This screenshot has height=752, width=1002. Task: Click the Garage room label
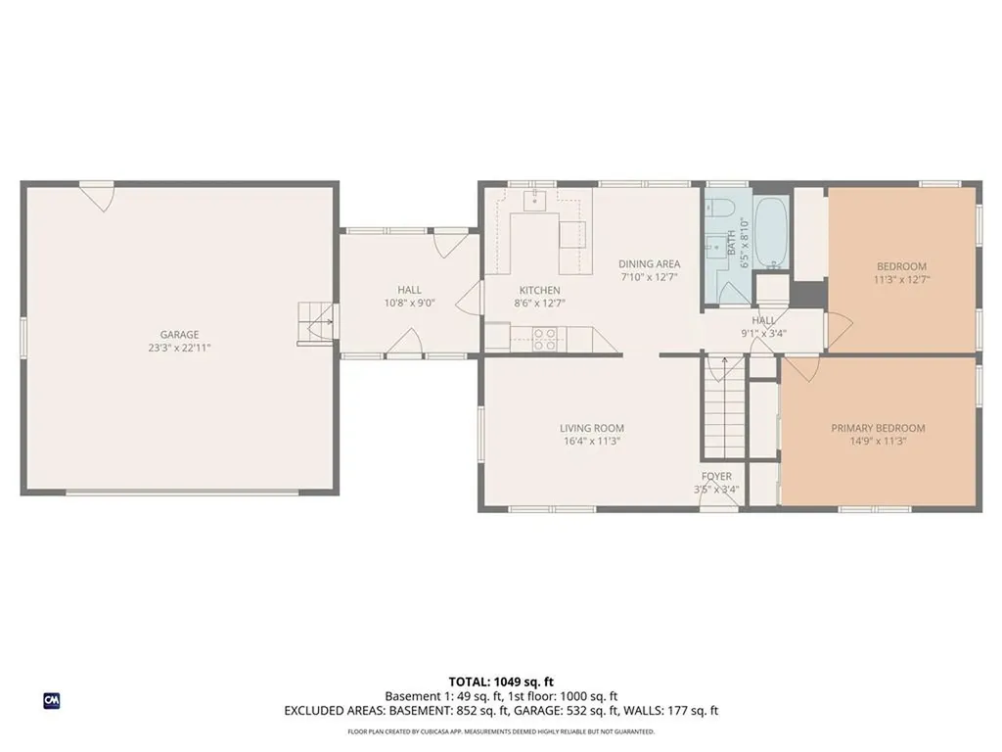(180, 334)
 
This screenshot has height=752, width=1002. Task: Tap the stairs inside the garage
(316, 323)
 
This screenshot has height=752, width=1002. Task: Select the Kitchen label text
(539, 290)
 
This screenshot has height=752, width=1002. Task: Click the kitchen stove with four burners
(545, 339)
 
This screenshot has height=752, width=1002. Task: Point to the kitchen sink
(535, 203)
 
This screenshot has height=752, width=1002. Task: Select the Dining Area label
(649, 264)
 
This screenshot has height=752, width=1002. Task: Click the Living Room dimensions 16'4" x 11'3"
(591, 442)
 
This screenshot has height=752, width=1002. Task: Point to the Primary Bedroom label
(878, 428)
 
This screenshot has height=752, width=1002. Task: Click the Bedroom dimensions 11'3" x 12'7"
(901, 279)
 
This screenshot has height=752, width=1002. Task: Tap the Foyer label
(716, 477)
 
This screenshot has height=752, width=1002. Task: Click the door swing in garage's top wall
(97, 196)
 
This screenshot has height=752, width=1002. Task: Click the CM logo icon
(51, 700)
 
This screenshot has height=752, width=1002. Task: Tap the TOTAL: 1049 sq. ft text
(501, 681)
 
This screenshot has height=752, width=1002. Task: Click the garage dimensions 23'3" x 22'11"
(180, 348)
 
